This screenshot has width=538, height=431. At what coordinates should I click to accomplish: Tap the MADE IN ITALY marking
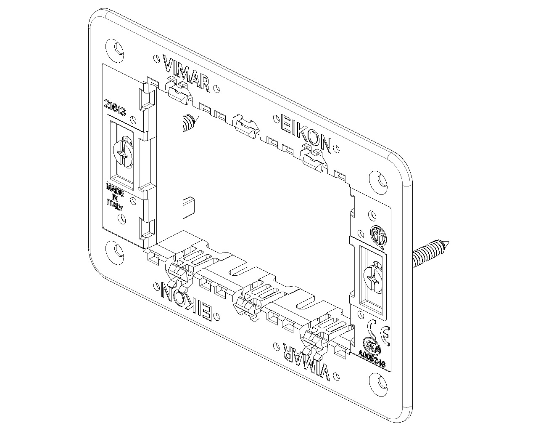pos(114,197)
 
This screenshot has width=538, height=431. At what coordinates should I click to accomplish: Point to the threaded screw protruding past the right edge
pos(431,255)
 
